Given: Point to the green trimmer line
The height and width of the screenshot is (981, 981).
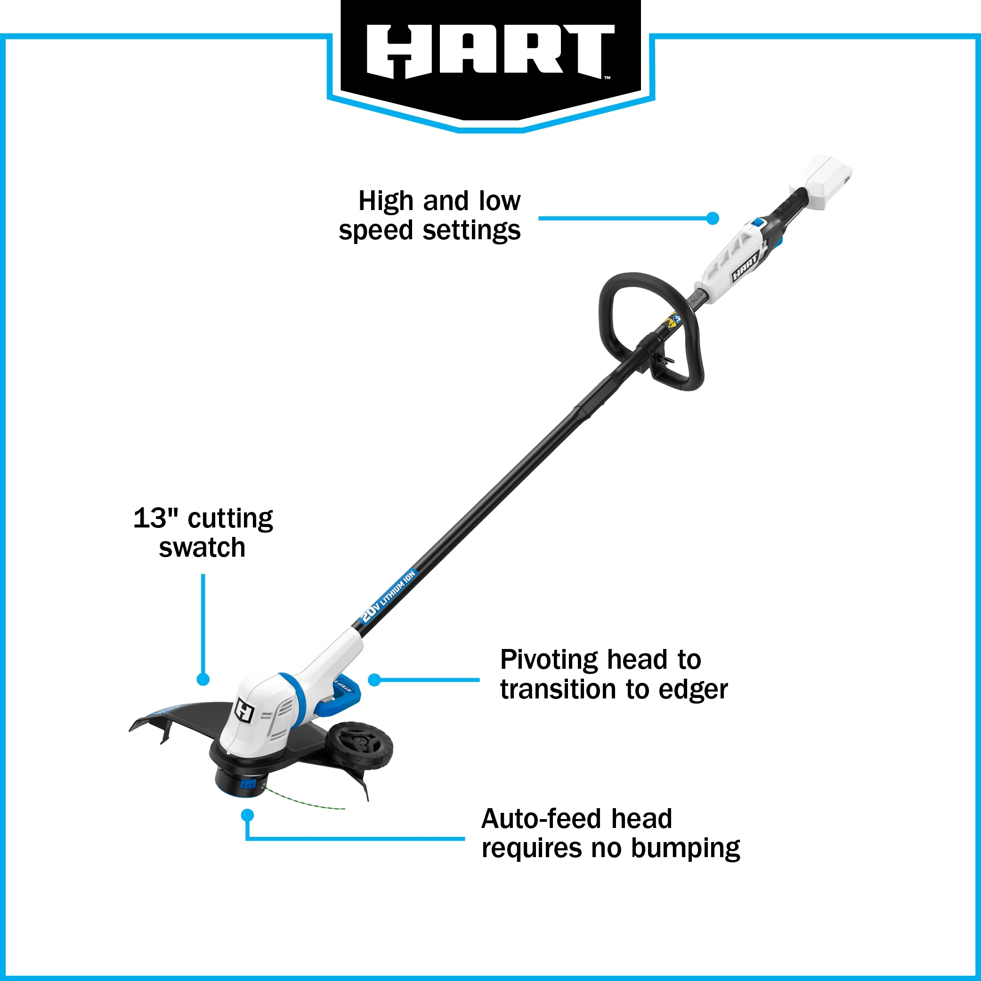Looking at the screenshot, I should (305, 801).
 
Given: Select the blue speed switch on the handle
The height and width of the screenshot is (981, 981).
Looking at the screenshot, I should (759, 222).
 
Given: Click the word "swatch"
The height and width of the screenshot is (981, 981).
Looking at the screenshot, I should (202, 548).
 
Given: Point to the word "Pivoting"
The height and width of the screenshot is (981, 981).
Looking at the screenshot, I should (549, 660).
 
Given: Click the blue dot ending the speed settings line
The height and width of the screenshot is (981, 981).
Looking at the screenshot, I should (713, 219).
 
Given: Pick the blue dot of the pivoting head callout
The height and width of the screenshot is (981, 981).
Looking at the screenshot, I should (374, 680).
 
